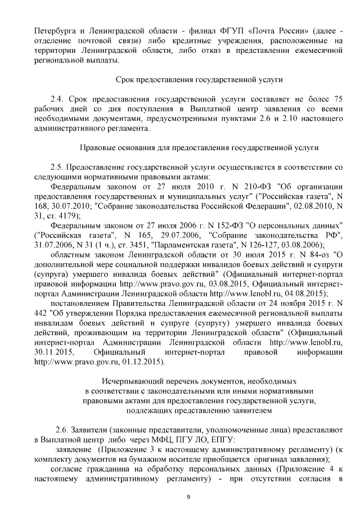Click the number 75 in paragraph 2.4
(336, 99)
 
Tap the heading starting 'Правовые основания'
(200, 148)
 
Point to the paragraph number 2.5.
(58, 168)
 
